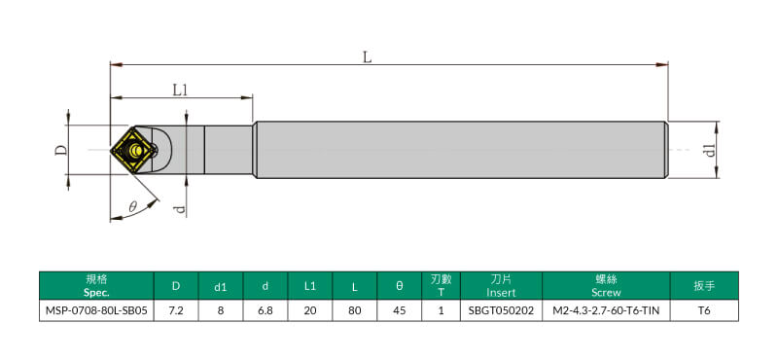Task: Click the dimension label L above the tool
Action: point(367,57)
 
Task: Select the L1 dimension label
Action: point(181,90)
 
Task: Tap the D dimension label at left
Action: point(60,150)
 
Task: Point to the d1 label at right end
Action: point(711,150)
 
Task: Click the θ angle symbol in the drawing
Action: point(132,207)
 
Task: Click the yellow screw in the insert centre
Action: point(135,149)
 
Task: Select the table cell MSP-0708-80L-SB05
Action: point(96,310)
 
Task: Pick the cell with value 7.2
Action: point(176,310)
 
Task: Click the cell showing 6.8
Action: point(265,310)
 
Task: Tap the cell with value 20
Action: point(310,310)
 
